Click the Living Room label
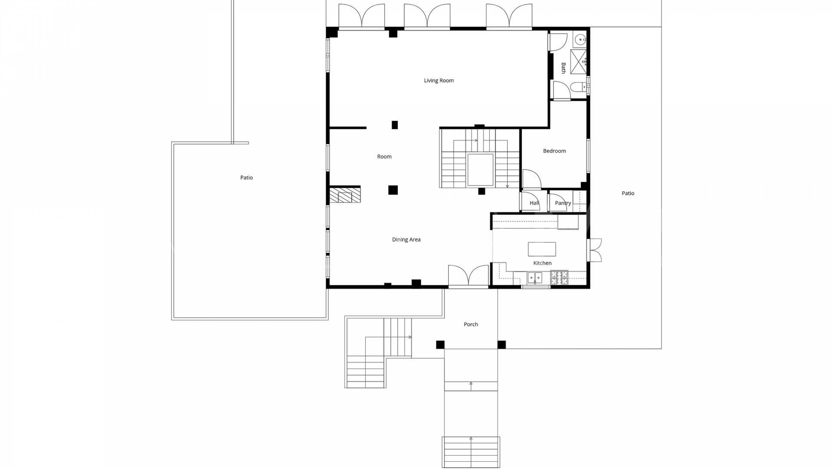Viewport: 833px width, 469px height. [439, 80]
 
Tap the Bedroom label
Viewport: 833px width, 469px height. [554, 151]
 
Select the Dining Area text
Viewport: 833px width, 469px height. [406, 239]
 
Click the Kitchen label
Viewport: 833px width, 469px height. [542, 263]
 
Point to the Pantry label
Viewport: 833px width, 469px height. [563, 203]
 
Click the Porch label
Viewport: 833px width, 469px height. [471, 324]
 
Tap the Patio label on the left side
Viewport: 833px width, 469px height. [246, 178]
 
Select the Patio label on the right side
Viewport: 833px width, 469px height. [628, 193]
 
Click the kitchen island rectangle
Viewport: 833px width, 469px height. [541, 249]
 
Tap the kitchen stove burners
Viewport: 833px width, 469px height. [559, 277]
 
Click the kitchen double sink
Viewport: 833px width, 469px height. [535, 277]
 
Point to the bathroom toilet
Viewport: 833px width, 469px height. [579, 88]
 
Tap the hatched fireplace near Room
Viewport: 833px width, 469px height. [345, 195]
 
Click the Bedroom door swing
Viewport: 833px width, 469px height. [531, 179]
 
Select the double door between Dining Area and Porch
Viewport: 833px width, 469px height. [468, 276]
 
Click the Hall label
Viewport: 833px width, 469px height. [534, 203]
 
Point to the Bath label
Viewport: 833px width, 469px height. [563, 68]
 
